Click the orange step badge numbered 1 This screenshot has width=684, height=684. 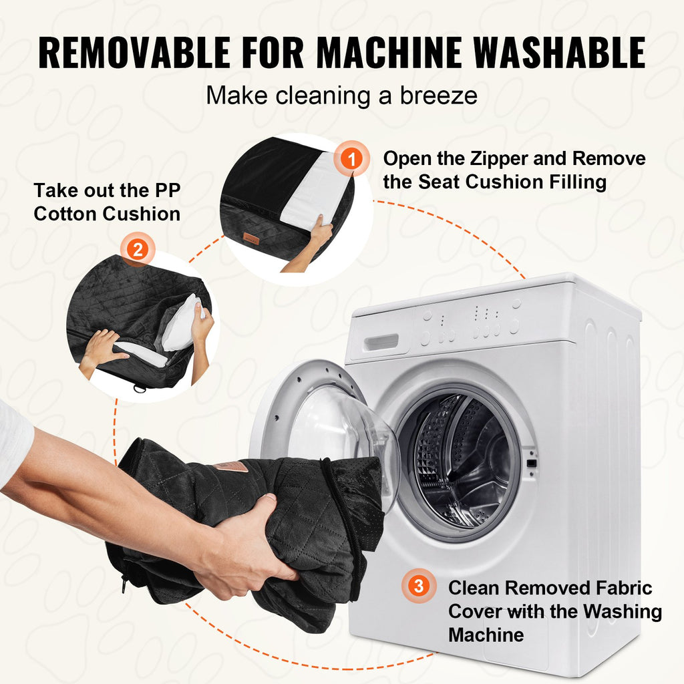351,158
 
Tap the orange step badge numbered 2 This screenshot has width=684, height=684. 138,250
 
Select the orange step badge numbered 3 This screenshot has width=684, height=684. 419,586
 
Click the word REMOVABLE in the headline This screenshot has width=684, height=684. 134,52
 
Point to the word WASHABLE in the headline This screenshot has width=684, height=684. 559,52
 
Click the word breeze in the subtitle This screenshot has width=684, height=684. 439,96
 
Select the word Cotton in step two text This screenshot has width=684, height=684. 65,214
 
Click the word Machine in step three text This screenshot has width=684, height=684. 486,635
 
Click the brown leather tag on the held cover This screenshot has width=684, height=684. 231,466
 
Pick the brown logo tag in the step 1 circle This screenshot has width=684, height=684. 251,238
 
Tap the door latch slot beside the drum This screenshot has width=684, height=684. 531,463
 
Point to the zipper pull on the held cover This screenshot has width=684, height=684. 125,584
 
